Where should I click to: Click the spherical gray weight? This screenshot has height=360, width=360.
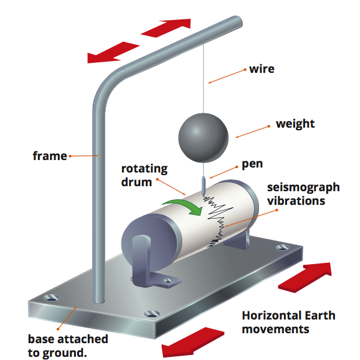point(203,138)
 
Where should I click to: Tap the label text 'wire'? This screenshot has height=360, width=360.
point(262,69)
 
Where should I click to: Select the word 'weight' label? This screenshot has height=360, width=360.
point(295,124)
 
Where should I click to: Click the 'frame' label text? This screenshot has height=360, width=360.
point(50,156)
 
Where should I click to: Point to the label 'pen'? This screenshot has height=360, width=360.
point(252,164)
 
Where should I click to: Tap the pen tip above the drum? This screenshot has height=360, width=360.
point(203,195)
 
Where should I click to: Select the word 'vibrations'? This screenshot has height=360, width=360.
point(296,201)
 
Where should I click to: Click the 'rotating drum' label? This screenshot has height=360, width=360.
point(144,176)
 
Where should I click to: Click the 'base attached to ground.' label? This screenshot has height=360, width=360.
point(68,346)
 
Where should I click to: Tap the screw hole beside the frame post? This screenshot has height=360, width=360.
point(52,298)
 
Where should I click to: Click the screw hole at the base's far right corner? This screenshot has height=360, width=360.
point(282,248)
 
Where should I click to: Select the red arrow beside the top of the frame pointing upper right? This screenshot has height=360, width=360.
point(166,28)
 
